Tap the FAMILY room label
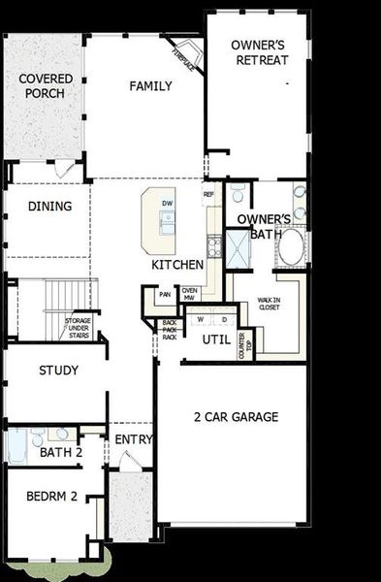coord(150,85)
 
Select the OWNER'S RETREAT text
coord(260,53)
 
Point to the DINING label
coord(49,206)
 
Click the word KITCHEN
coord(177,264)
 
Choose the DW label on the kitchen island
coord(167,204)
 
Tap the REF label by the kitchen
coord(208,195)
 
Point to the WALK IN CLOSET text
coord(269,307)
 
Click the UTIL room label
coord(216,339)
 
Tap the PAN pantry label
coord(165,294)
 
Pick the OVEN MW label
coord(190,294)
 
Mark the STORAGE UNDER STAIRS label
coord(79,328)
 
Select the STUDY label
coord(58,371)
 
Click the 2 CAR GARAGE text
coord(236,417)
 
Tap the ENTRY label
coord(134,439)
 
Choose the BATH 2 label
coord(60,452)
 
